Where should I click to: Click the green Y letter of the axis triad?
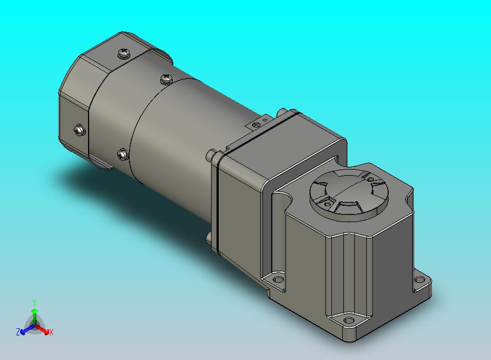pos(34,303)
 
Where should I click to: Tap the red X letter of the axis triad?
pos(51,332)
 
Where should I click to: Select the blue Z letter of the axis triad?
pos(18,332)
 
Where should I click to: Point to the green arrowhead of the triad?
pos(34,311)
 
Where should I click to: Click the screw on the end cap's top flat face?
pos(124,53)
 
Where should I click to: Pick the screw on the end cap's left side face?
pos(80,130)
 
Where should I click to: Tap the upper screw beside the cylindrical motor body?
pos(166,79)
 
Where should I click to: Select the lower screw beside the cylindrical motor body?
pos(122,154)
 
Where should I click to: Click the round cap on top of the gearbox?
pos(349,193)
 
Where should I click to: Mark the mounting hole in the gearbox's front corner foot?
pos(348,320)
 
